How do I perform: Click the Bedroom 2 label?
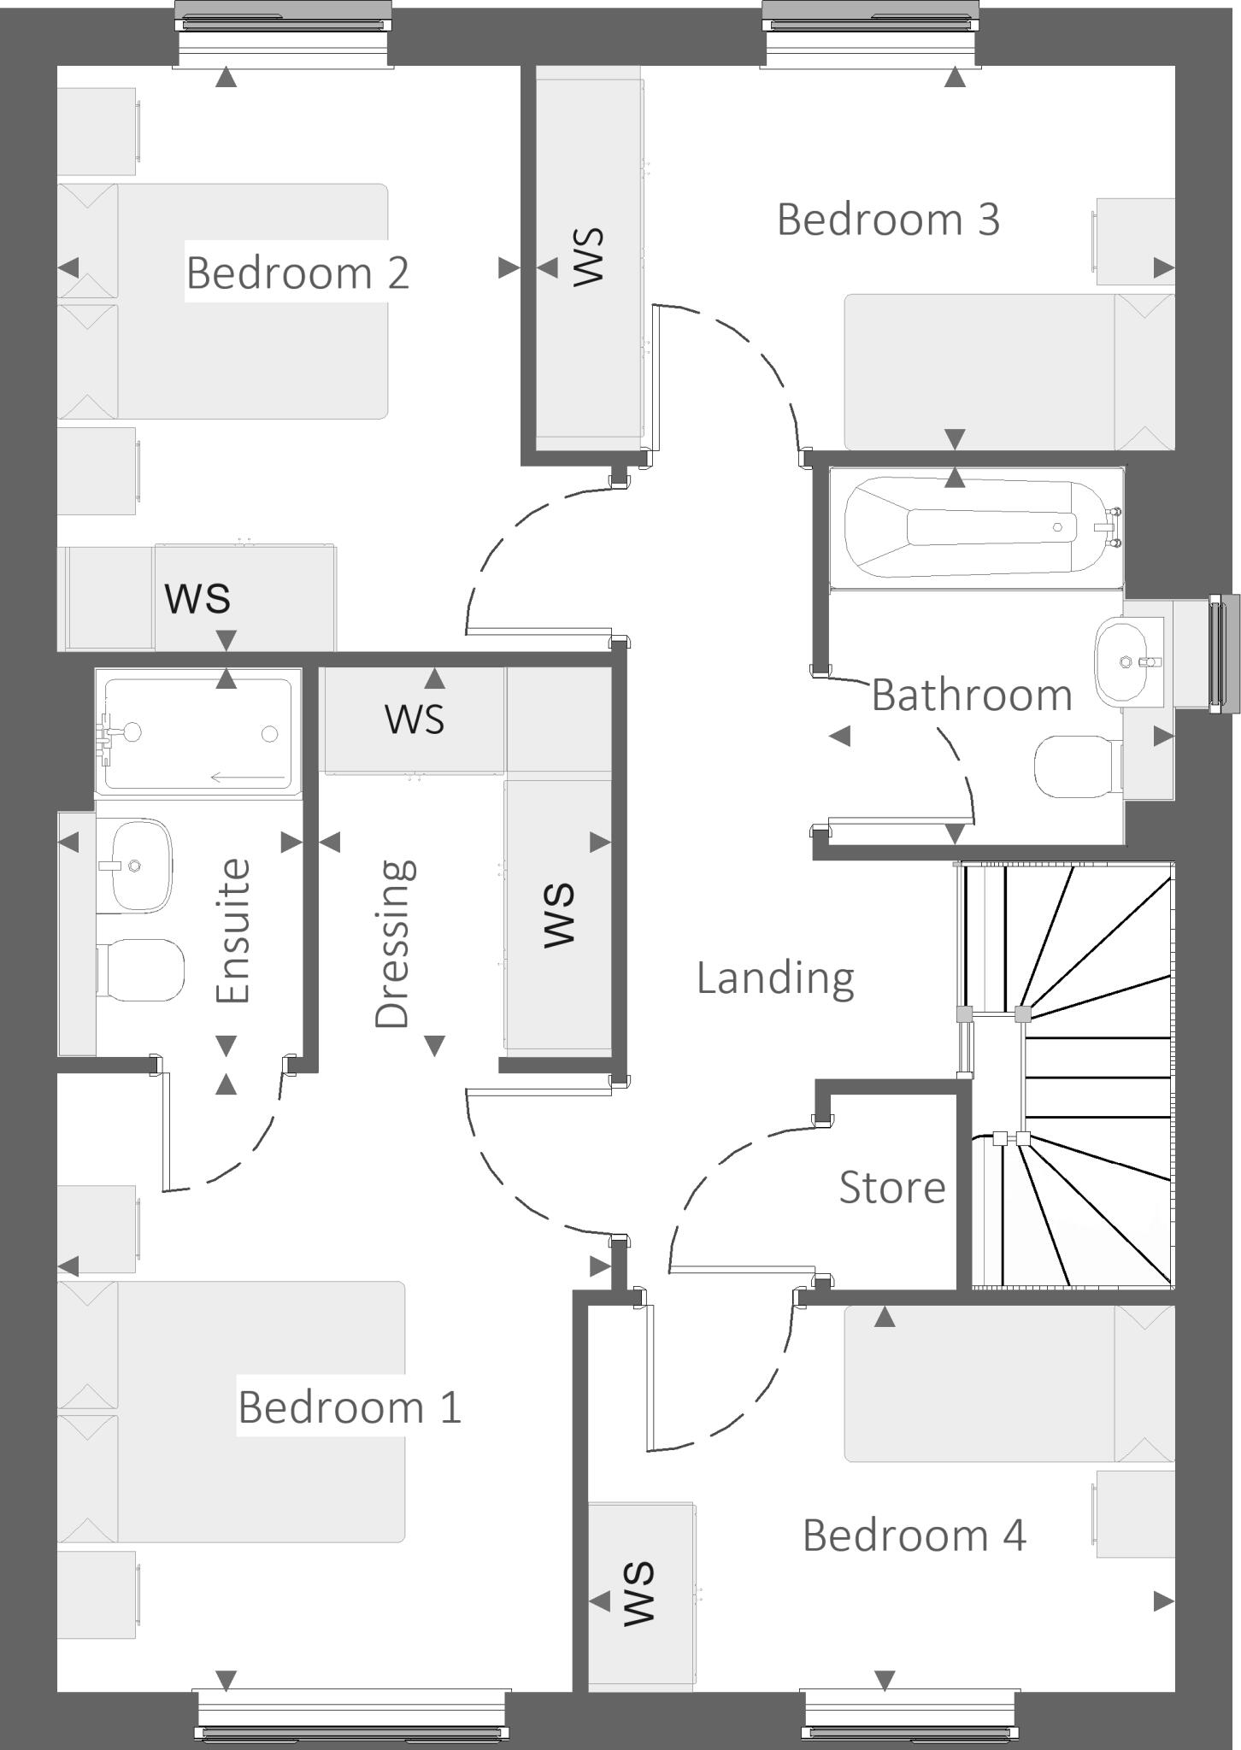[297, 273]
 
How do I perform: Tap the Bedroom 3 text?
[887, 220]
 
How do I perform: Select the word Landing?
[774, 978]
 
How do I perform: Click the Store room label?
[891, 1187]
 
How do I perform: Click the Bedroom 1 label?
[349, 1406]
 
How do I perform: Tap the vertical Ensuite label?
[232, 931]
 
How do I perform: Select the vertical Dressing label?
[394, 943]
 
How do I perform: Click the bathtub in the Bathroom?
[974, 527]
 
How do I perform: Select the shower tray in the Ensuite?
[198, 732]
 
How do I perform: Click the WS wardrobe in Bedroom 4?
[639, 1594]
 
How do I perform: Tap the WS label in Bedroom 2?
[198, 597]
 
